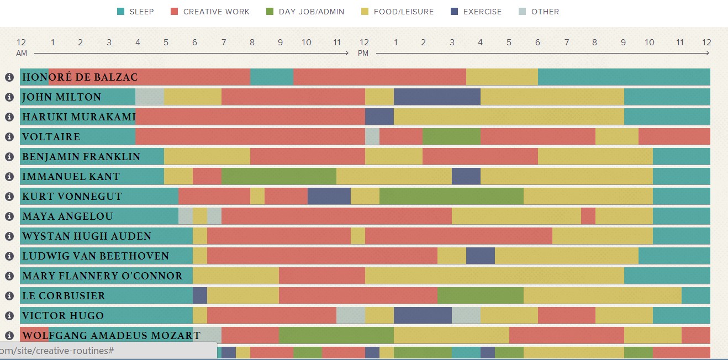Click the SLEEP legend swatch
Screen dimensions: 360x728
pyautogui.click(x=121, y=12)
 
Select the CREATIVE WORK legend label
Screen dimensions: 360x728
pyautogui.click(x=216, y=12)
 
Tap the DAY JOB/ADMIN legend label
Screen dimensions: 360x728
pyautogui.click(x=312, y=12)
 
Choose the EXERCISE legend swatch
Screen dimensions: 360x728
pyautogui.click(x=455, y=12)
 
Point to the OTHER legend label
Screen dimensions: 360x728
pyautogui.click(x=545, y=12)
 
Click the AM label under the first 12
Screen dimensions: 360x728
pyautogui.click(x=22, y=54)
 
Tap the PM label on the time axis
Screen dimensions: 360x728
pyautogui.click(x=363, y=54)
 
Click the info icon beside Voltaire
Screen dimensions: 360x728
pyautogui.click(x=9, y=137)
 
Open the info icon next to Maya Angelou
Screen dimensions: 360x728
pyautogui.click(x=9, y=216)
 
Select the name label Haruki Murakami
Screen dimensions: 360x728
pyautogui.click(x=78, y=117)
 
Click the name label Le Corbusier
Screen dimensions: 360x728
pyautogui.click(x=63, y=296)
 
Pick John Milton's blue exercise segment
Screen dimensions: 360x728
pyautogui.click(x=437, y=97)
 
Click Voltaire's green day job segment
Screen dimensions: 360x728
pyautogui.click(x=451, y=137)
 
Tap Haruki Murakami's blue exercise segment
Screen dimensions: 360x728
pyautogui.click(x=379, y=117)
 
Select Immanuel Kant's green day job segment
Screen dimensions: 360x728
pyautogui.click(x=279, y=177)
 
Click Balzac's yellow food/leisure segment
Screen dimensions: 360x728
pyautogui.click(x=502, y=77)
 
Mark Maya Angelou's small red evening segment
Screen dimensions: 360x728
pyautogui.click(x=588, y=216)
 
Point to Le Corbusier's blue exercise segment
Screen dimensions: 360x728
pyautogui.click(x=200, y=296)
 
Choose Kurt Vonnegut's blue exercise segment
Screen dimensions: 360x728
pyautogui.click(x=329, y=197)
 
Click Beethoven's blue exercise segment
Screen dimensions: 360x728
pyautogui.click(x=480, y=256)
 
